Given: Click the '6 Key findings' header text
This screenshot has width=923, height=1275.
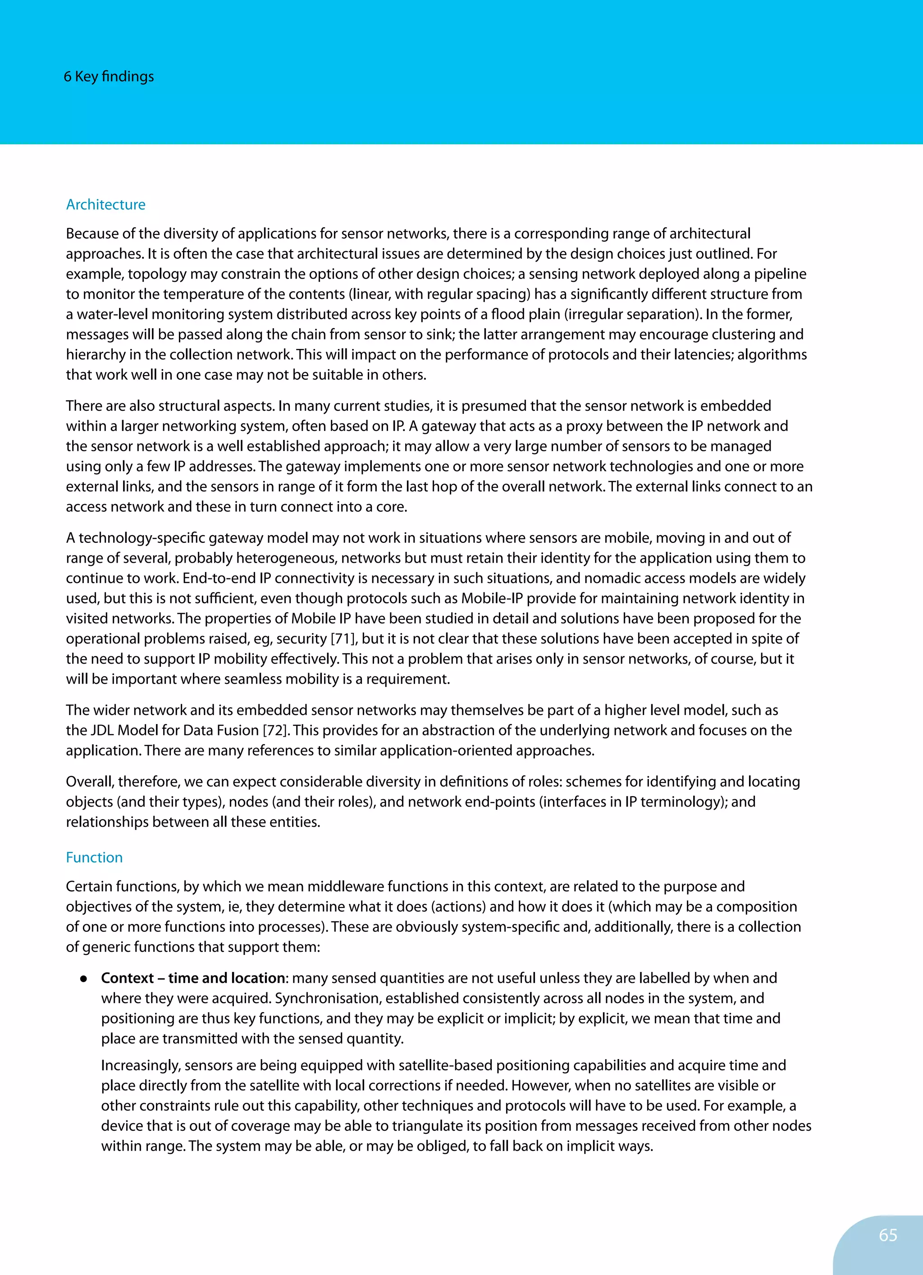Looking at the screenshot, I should tap(109, 77).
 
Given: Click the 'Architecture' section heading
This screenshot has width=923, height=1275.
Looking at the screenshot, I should tap(105, 205).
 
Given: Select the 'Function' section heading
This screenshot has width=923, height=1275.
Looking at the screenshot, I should tap(94, 858).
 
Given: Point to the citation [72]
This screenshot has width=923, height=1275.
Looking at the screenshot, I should tap(275, 730).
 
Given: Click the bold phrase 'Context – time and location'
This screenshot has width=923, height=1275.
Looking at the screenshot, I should tap(193, 978).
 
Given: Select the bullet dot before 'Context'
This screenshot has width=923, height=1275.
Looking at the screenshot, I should tap(83, 979).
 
